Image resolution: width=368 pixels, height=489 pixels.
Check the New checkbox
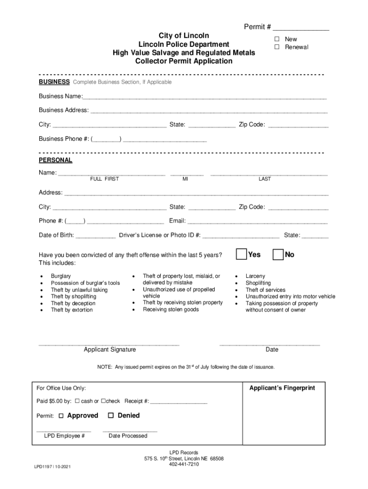click(x=277, y=39)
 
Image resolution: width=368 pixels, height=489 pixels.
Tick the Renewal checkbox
click(x=277, y=47)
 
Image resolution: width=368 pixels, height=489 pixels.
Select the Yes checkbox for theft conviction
click(x=242, y=255)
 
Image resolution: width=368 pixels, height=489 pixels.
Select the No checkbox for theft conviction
click(x=278, y=255)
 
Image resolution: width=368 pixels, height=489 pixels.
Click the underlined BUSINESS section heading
click(x=54, y=82)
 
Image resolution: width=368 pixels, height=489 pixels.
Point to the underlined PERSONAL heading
click(x=55, y=160)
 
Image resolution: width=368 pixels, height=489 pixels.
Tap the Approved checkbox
click(x=61, y=416)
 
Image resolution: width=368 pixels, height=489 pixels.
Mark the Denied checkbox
click(x=111, y=416)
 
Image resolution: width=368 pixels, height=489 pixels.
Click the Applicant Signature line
click(x=109, y=344)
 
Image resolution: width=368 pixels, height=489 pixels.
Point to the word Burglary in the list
click(x=61, y=276)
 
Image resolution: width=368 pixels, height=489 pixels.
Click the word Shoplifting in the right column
click(x=258, y=283)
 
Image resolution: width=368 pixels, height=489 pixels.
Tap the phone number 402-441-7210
click(x=184, y=464)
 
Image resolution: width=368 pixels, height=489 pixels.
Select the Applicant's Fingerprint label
click(x=282, y=388)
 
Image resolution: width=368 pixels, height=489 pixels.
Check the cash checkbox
click(x=77, y=401)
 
